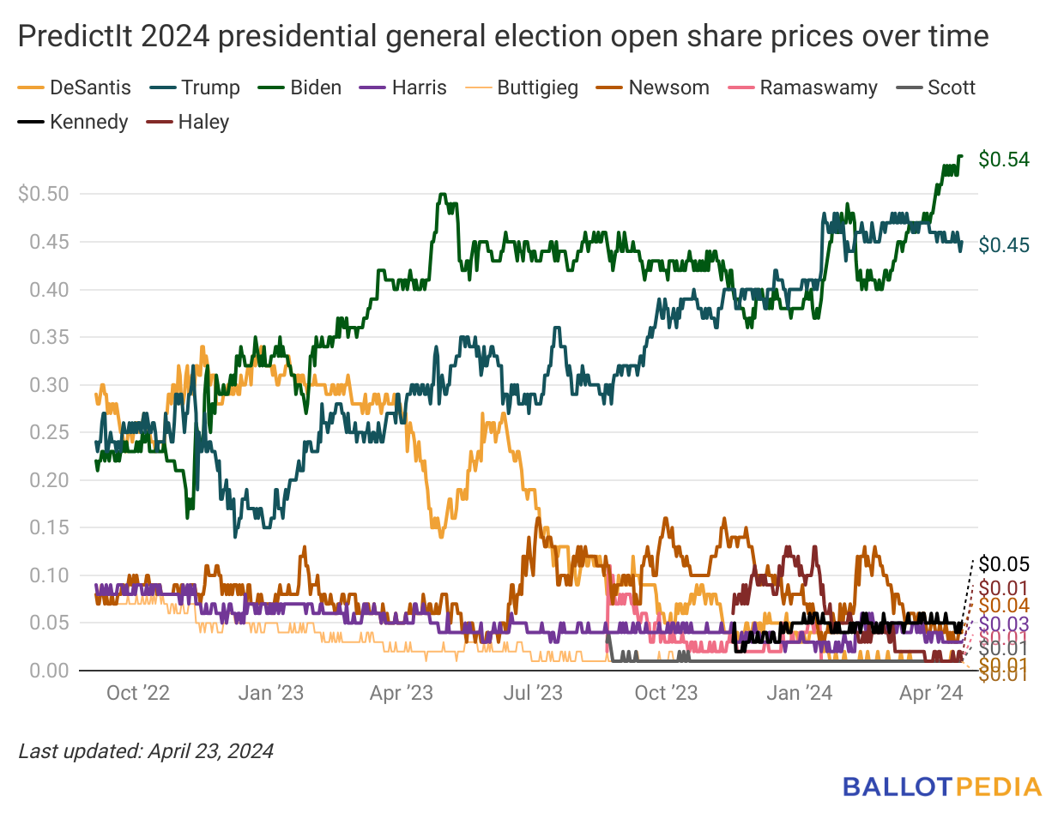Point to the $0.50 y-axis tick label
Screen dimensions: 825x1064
pos(43,194)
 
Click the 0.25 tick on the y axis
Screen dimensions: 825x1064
pos(48,432)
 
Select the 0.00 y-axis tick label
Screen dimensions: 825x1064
pos(48,671)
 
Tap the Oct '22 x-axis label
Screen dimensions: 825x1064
pos(137,693)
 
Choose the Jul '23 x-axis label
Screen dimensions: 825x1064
pos(532,693)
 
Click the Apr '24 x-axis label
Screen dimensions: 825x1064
pos(931,693)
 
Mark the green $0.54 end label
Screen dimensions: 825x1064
pos(1003,160)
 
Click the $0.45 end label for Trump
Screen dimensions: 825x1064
pos(1003,245)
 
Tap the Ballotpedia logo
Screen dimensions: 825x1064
pos(941,787)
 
